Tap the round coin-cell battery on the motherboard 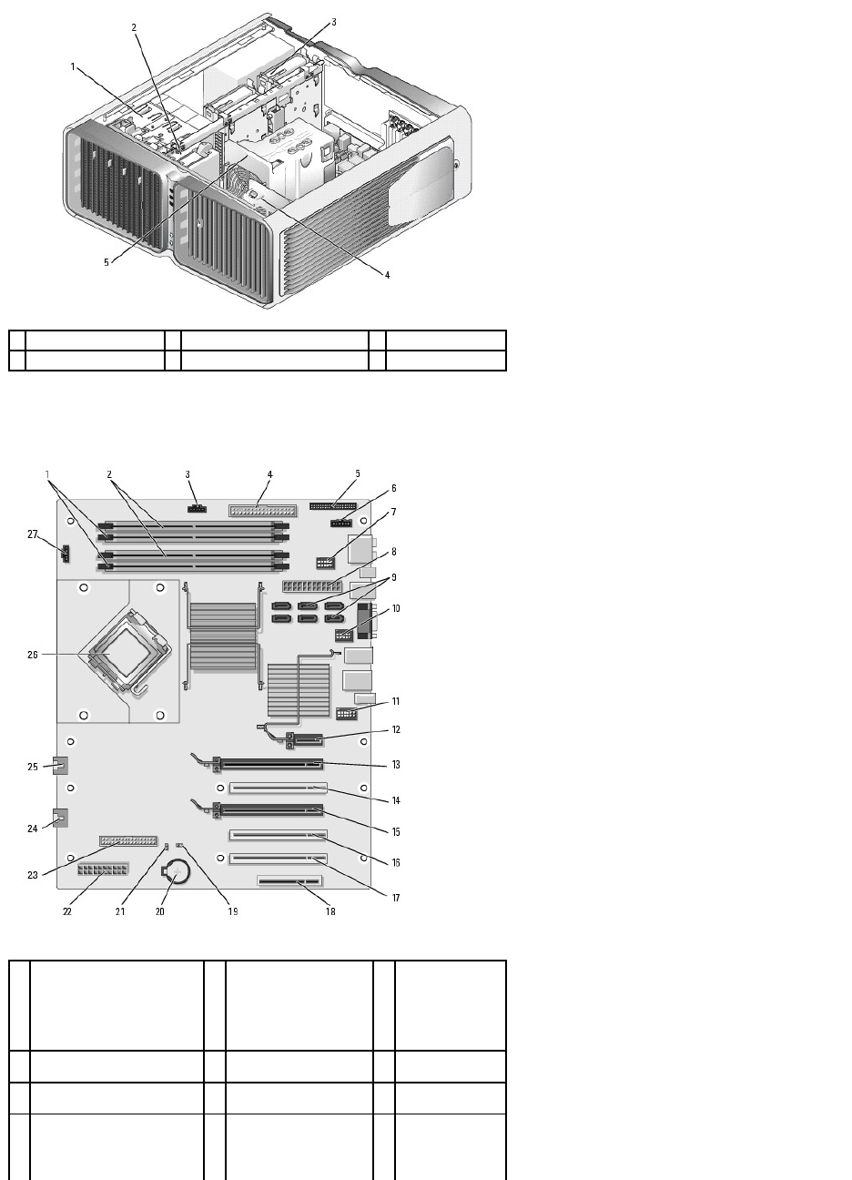(x=176, y=875)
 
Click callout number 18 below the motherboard (x=330, y=911)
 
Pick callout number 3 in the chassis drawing (x=333, y=22)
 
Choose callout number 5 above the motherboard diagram (x=358, y=473)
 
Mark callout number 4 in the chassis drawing (x=387, y=274)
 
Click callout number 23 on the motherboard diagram (x=34, y=876)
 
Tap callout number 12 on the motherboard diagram (x=396, y=729)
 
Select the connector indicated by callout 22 (x=105, y=875)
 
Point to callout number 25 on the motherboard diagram (x=33, y=767)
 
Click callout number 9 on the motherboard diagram (x=394, y=577)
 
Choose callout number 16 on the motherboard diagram (x=396, y=861)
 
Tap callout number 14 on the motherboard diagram (x=396, y=800)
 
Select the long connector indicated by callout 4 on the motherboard (x=258, y=507)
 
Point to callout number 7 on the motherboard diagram (x=394, y=513)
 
